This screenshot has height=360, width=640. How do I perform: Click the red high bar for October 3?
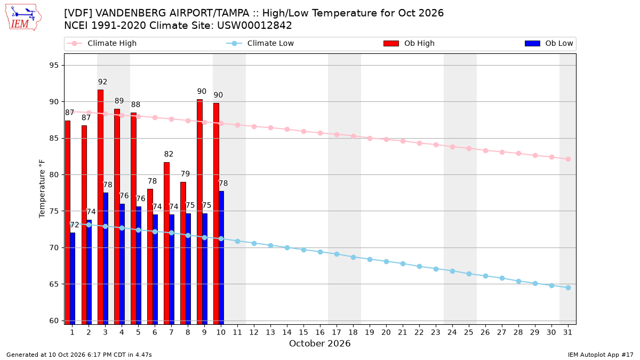click(x=101, y=207)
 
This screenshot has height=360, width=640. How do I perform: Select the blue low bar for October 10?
click(x=221, y=258)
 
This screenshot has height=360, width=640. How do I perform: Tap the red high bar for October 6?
click(x=150, y=257)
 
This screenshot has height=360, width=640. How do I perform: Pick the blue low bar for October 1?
click(x=73, y=278)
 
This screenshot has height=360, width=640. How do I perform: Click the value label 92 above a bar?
click(x=102, y=82)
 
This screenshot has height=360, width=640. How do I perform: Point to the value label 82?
click(x=169, y=154)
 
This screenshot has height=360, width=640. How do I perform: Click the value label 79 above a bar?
click(x=185, y=174)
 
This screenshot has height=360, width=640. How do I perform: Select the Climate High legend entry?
click(x=102, y=43)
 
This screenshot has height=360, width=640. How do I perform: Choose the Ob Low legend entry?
click(x=549, y=43)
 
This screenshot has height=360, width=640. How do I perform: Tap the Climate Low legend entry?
click(x=260, y=43)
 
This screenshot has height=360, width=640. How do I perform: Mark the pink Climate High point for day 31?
click(x=568, y=159)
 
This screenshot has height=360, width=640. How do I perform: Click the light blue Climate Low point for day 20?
click(x=386, y=261)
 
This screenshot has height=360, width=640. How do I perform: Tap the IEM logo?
click(x=23, y=18)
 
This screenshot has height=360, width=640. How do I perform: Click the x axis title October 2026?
click(x=319, y=343)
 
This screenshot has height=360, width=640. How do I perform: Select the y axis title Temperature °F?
click(x=42, y=189)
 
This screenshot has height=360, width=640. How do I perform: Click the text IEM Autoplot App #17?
click(x=601, y=355)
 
